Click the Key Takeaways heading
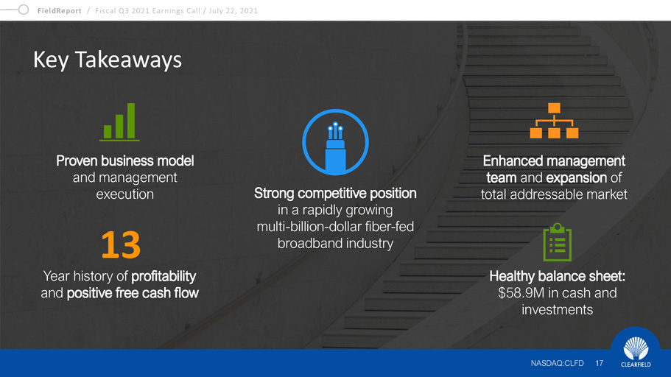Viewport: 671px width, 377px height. coord(108,60)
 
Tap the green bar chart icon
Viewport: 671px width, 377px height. coord(119,122)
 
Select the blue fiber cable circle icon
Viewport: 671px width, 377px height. coord(336,142)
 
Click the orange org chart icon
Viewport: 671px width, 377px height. coord(554,120)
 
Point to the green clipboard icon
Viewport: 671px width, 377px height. coord(557,242)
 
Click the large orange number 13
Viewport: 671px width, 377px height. coord(121,244)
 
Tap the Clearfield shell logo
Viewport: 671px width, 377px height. coord(636,348)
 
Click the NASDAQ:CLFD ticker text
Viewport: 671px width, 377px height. coord(557,363)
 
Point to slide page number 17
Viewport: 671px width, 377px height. coord(599,363)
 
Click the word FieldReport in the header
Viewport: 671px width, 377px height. coord(59,11)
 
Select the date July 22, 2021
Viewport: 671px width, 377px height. coord(233,11)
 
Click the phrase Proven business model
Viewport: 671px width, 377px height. coord(125,161)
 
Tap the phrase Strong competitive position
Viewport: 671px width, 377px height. coord(335,194)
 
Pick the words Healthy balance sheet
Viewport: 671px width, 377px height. coord(556,276)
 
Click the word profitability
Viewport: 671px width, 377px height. coord(164,276)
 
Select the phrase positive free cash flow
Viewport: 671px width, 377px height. coord(133,293)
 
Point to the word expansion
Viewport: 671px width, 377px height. coord(577,177)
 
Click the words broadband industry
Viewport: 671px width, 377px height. coord(336,244)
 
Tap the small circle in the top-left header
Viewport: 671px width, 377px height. coord(24,10)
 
